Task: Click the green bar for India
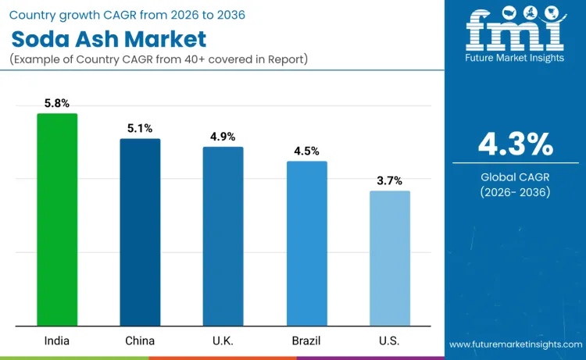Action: click(x=57, y=219)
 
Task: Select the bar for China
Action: click(x=140, y=232)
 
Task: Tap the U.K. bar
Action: click(x=223, y=236)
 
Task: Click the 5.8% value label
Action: click(x=57, y=103)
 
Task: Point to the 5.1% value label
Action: click(x=140, y=128)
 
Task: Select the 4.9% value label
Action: click(x=223, y=137)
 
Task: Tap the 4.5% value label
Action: click(x=306, y=151)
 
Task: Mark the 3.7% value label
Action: click(x=389, y=180)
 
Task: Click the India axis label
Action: click(x=57, y=340)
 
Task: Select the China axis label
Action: click(x=140, y=340)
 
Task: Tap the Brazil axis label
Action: click(x=306, y=340)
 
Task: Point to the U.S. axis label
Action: click(x=389, y=340)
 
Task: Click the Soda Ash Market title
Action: click(x=109, y=39)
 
